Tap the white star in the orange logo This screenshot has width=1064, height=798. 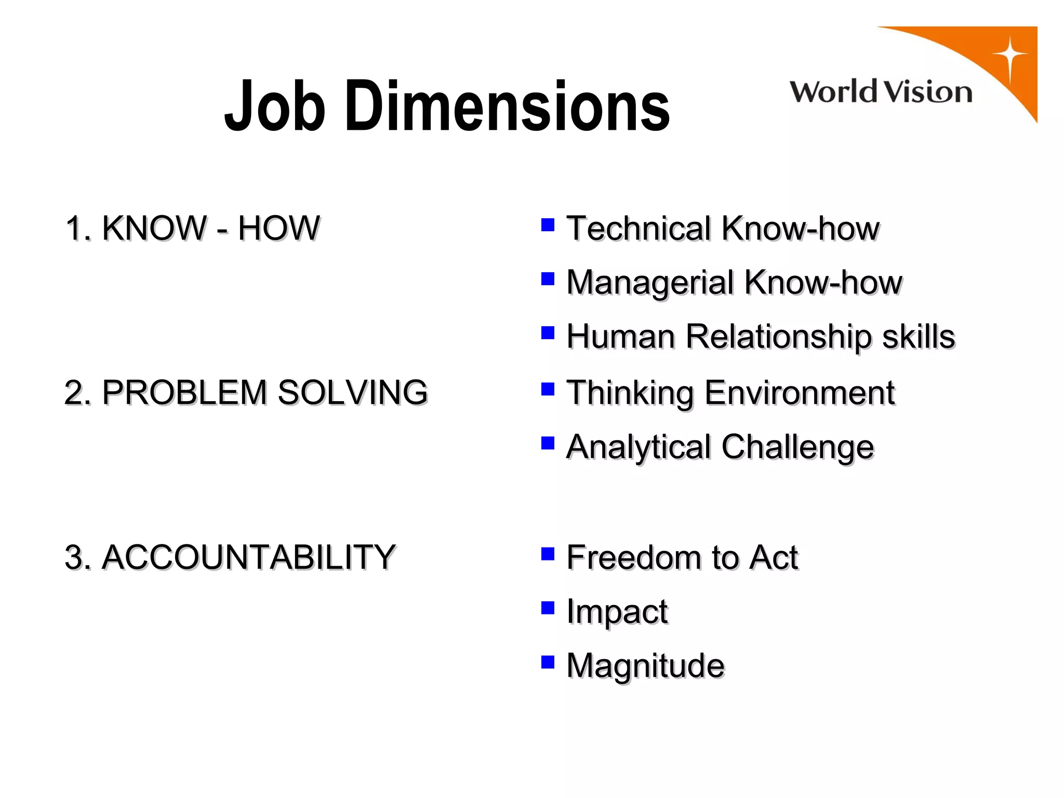click(1009, 56)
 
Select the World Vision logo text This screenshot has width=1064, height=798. click(881, 92)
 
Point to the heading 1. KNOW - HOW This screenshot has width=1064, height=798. click(192, 228)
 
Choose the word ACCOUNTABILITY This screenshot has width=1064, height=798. click(248, 557)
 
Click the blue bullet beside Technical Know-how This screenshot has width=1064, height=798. click(548, 224)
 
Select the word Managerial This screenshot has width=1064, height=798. click(649, 283)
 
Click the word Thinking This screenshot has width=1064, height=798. click(630, 393)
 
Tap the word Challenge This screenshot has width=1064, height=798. click(797, 447)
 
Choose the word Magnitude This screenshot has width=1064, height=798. click(645, 666)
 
